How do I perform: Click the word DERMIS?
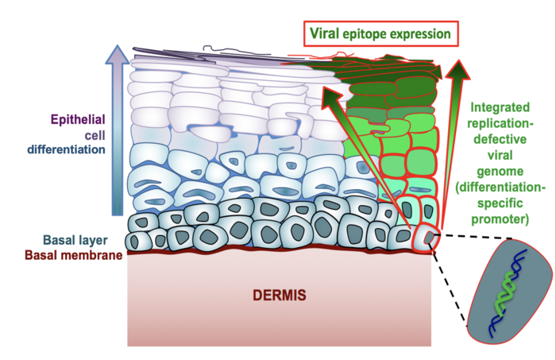click(278, 296)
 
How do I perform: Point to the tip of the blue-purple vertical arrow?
click(118, 50)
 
